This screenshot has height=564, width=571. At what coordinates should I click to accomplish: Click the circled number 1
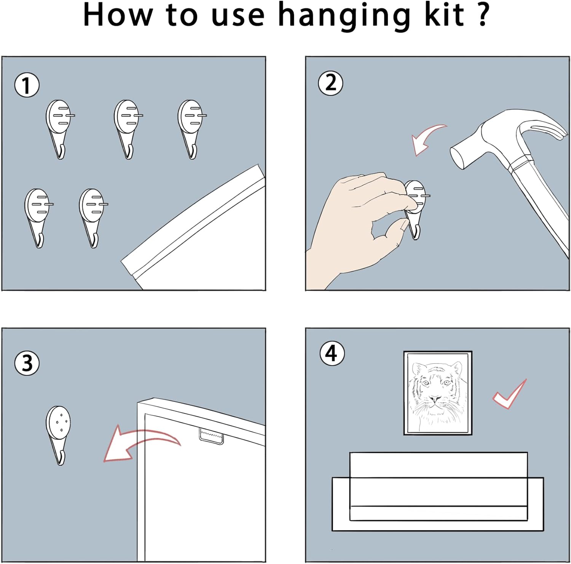27,85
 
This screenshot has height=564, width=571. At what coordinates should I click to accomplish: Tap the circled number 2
330,83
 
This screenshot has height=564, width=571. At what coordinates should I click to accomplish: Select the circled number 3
27,363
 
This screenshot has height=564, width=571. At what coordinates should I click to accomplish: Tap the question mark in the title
482,14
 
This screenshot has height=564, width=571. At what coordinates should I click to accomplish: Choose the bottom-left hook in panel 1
38,218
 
